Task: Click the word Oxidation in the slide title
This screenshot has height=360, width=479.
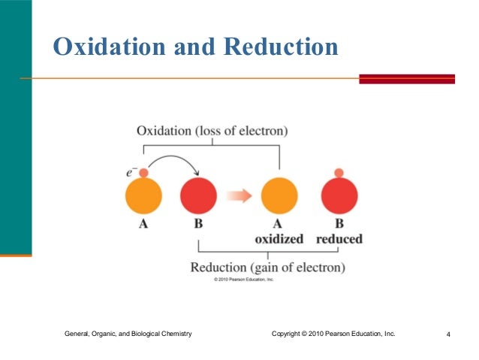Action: coord(107,47)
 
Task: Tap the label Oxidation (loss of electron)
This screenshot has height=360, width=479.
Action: coord(212,131)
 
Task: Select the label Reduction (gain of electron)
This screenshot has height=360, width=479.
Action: coord(267,267)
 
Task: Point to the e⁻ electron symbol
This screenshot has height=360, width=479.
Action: coord(130,173)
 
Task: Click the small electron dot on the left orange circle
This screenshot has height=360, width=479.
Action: coord(143,174)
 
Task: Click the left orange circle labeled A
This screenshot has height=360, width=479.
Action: coord(143,197)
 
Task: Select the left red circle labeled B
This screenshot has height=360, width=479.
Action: coord(199,197)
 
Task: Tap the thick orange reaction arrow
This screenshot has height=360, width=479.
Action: coord(239,196)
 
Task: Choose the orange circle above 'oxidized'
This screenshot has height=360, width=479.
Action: coord(279,197)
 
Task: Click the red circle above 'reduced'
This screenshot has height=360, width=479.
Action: coord(339,198)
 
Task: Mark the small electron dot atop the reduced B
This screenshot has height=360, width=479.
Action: coord(339,174)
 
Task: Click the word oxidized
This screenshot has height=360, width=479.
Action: coord(279,239)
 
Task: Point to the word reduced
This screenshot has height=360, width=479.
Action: coord(339,239)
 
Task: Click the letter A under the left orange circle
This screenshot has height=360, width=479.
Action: coord(143,224)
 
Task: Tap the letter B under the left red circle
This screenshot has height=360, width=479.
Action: coord(199,224)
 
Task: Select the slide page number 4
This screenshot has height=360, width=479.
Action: coord(447,334)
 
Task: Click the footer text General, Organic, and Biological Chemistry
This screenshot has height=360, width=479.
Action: coord(128,333)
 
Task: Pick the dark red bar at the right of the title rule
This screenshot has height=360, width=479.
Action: coord(407,78)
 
